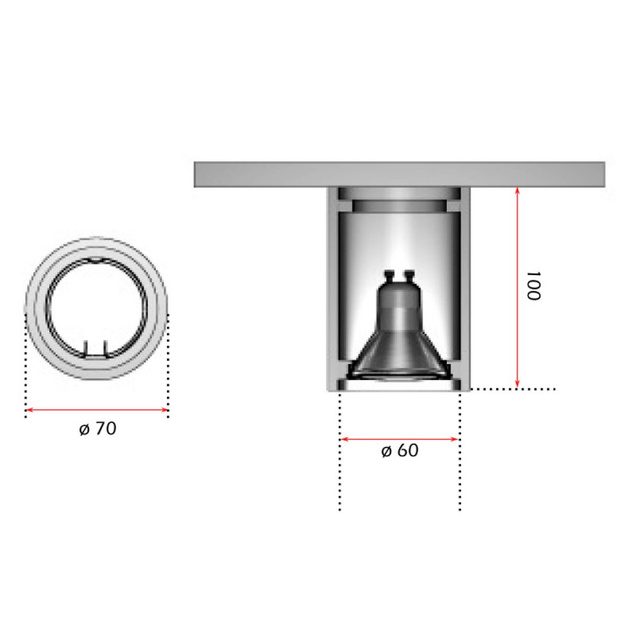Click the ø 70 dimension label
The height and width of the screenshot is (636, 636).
pyautogui.click(x=97, y=429)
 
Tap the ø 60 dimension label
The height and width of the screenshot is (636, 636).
pyautogui.click(x=399, y=451)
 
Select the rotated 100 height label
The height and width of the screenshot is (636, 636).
pyautogui.click(x=532, y=287)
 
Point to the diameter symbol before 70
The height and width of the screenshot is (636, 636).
pyautogui.click(x=84, y=429)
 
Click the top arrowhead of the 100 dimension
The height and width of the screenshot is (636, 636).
pyautogui.click(x=518, y=190)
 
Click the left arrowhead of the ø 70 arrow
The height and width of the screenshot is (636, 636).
pyautogui.click(x=29, y=410)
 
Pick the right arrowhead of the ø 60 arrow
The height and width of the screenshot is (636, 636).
pyautogui.click(x=456, y=438)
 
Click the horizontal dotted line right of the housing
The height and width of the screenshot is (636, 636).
pyautogui.click(x=513, y=390)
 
